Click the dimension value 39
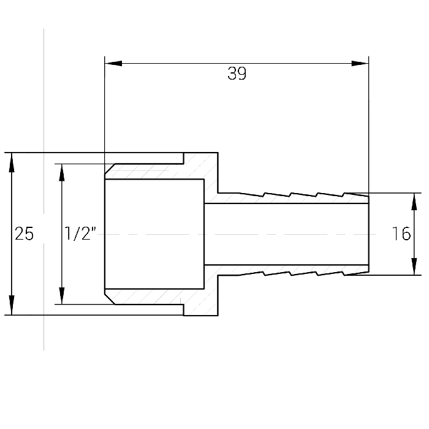pyautogui.click(x=237, y=74)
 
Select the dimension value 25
pyautogui.click(x=24, y=234)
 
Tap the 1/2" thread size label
pyautogui.click(x=80, y=233)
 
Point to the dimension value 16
pyautogui.click(x=401, y=233)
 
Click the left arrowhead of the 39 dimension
pyautogui.click(x=113, y=64)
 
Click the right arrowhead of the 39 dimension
pyautogui.click(x=360, y=64)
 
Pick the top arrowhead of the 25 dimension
pyautogui.click(x=12, y=162)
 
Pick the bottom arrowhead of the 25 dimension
pyautogui.click(x=12, y=306)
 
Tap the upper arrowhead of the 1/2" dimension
pyautogui.click(x=62, y=173)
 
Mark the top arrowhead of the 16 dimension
pyautogui.click(x=414, y=202)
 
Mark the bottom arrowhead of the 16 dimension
pyautogui.click(x=414, y=267)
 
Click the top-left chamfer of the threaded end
pyautogui.click(x=110, y=169)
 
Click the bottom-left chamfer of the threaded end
pyautogui.click(x=110, y=299)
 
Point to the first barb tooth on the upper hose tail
pyautogui.click(x=252, y=194)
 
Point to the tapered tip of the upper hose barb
pyautogui.click(x=355, y=194)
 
